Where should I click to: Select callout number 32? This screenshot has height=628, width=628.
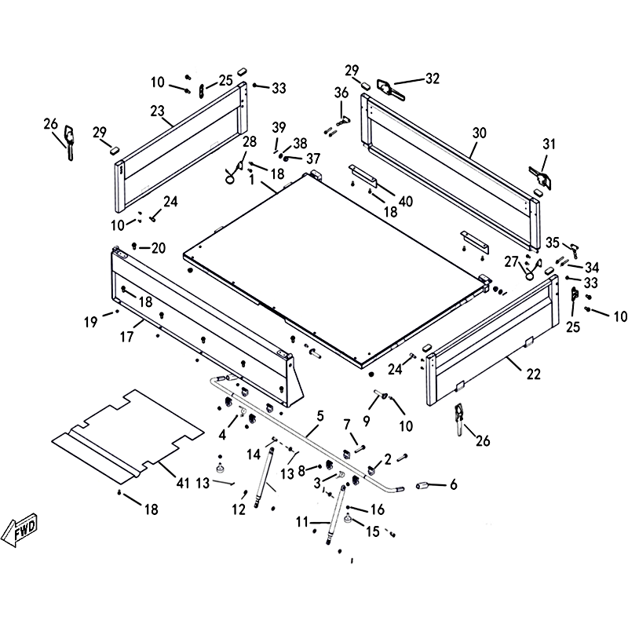(x=433, y=78)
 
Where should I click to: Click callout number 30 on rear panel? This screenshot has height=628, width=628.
(x=480, y=133)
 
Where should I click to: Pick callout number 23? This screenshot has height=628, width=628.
(x=157, y=111)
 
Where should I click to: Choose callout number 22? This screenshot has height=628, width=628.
(x=533, y=374)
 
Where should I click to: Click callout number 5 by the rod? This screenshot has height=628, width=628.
(x=319, y=416)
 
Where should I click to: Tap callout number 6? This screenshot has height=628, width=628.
(x=453, y=485)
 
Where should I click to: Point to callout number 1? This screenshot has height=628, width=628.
(x=251, y=180)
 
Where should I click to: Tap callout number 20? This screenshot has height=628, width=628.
(x=159, y=248)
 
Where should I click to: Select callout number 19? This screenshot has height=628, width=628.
(x=92, y=320)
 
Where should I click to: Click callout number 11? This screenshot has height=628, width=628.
(x=302, y=520)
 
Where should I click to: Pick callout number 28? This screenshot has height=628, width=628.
(x=250, y=142)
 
